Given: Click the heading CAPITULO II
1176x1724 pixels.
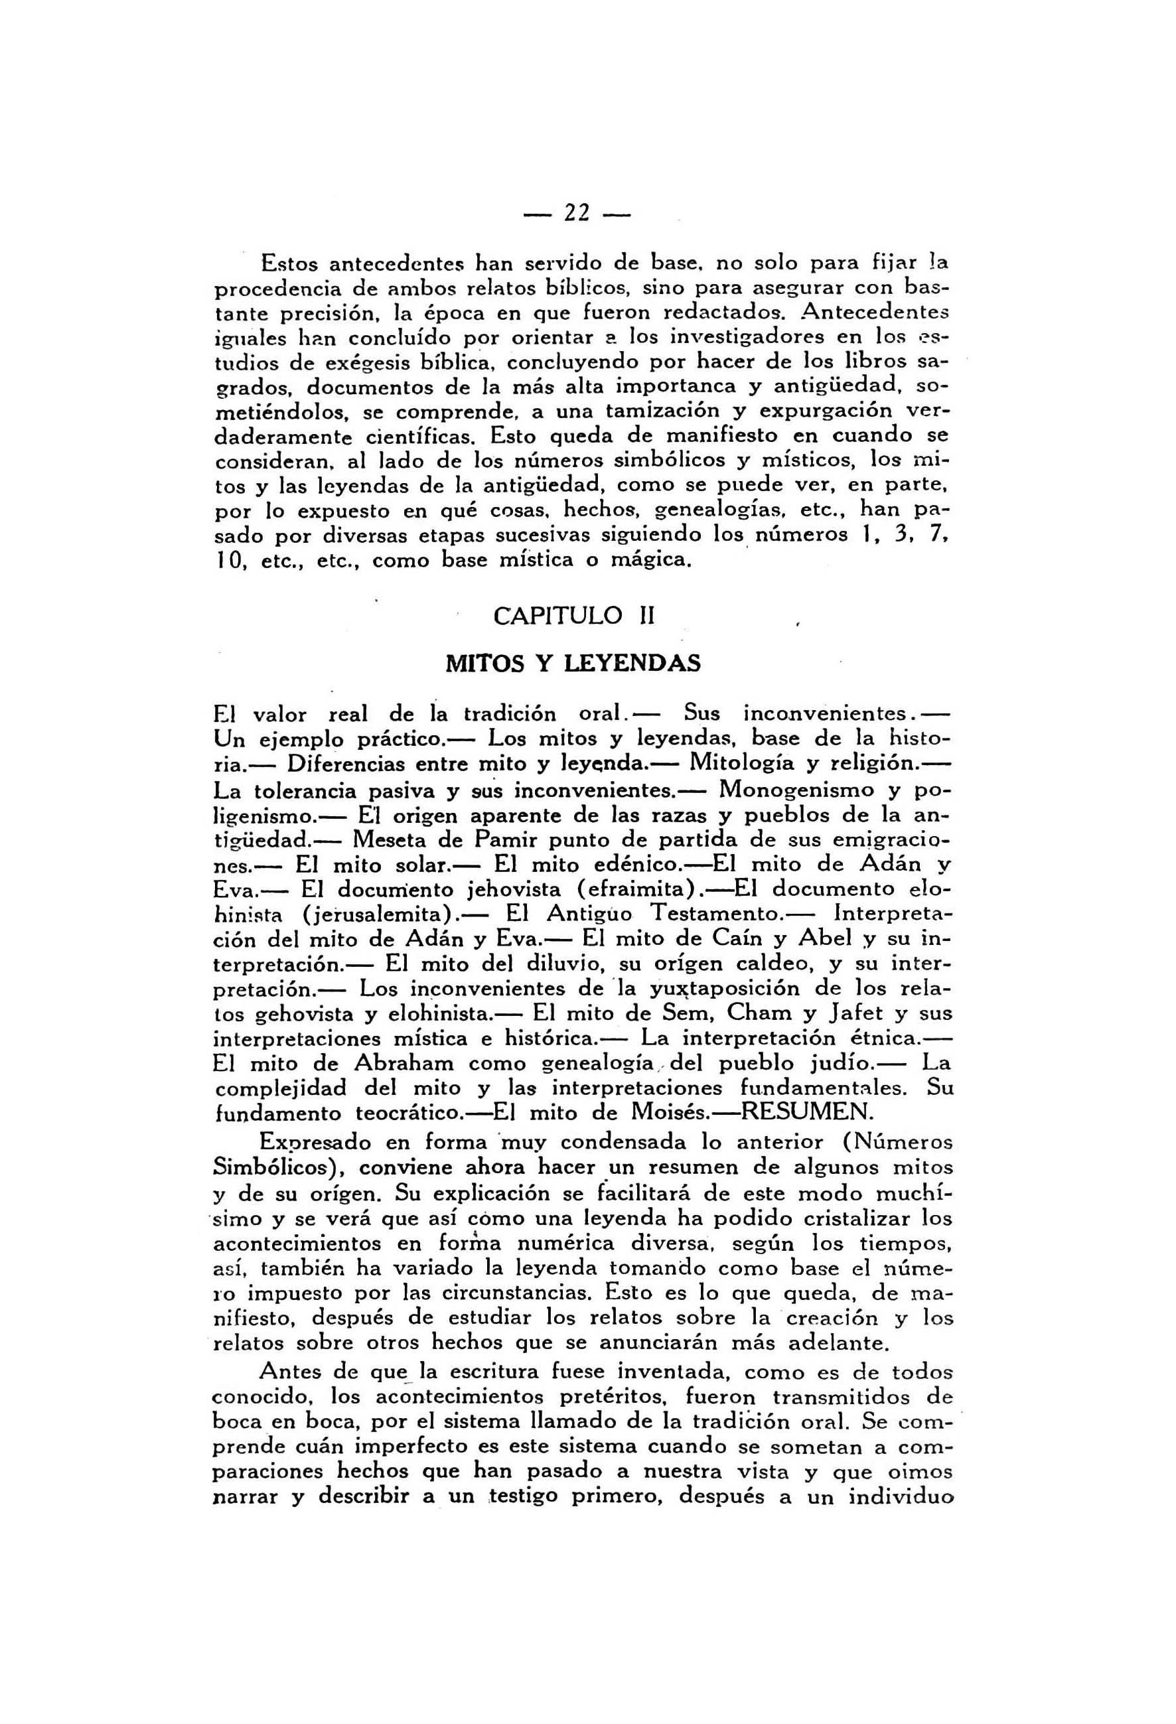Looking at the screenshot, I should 573,616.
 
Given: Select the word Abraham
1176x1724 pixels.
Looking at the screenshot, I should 406,1062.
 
